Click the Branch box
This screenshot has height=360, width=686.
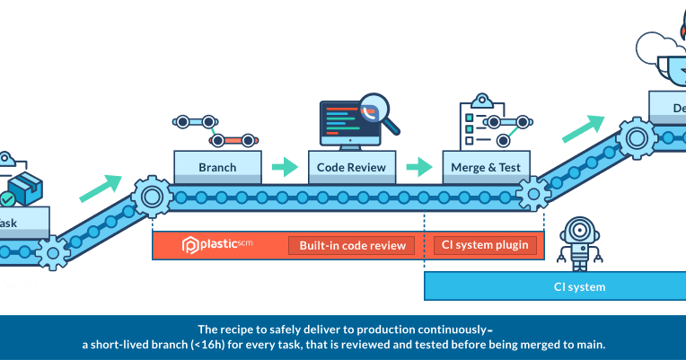(x=217, y=167)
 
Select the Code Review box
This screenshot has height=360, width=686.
(x=352, y=167)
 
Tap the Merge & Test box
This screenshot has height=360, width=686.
(x=487, y=167)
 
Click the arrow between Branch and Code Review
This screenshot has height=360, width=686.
(x=285, y=166)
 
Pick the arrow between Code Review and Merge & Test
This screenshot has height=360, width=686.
(x=419, y=166)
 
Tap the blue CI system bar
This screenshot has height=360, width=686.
(x=554, y=287)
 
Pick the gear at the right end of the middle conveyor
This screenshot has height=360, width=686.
(x=533, y=192)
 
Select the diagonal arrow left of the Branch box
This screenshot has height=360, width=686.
(x=100, y=187)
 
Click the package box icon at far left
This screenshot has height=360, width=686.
(x=22, y=187)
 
